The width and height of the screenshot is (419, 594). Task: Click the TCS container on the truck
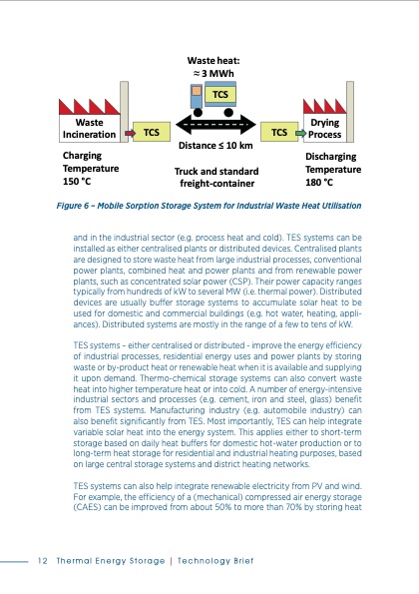(219, 94)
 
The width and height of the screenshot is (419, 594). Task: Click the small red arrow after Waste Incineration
(128, 130)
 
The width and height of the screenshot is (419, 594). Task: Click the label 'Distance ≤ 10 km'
(214, 146)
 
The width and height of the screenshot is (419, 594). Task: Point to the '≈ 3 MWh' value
(213, 73)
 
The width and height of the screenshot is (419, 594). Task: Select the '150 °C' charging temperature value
(78, 182)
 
